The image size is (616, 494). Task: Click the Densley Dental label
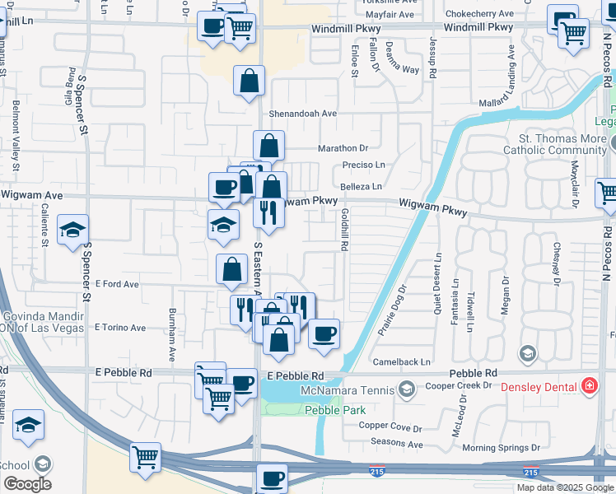coord(538,385)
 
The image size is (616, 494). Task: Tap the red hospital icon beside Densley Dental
coord(590,385)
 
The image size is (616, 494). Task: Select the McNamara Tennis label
coord(348,388)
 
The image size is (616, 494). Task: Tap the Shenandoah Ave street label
coord(302,114)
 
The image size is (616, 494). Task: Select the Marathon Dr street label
coord(343,148)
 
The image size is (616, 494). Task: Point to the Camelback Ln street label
coord(401,361)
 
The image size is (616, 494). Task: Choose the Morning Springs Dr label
coord(500,448)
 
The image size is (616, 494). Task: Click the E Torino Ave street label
coord(120,328)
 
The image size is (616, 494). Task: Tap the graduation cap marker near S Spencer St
coord(73,230)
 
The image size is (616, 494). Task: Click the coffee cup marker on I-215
coord(273,478)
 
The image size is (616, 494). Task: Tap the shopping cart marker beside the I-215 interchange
coord(145,457)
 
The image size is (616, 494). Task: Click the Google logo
coord(27,484)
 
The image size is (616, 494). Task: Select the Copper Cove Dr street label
coord(390,427)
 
